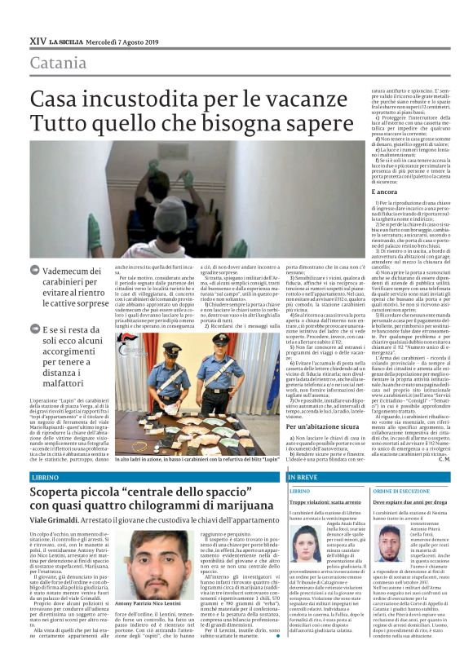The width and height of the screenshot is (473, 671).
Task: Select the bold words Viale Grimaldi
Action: tap(55, 528)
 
